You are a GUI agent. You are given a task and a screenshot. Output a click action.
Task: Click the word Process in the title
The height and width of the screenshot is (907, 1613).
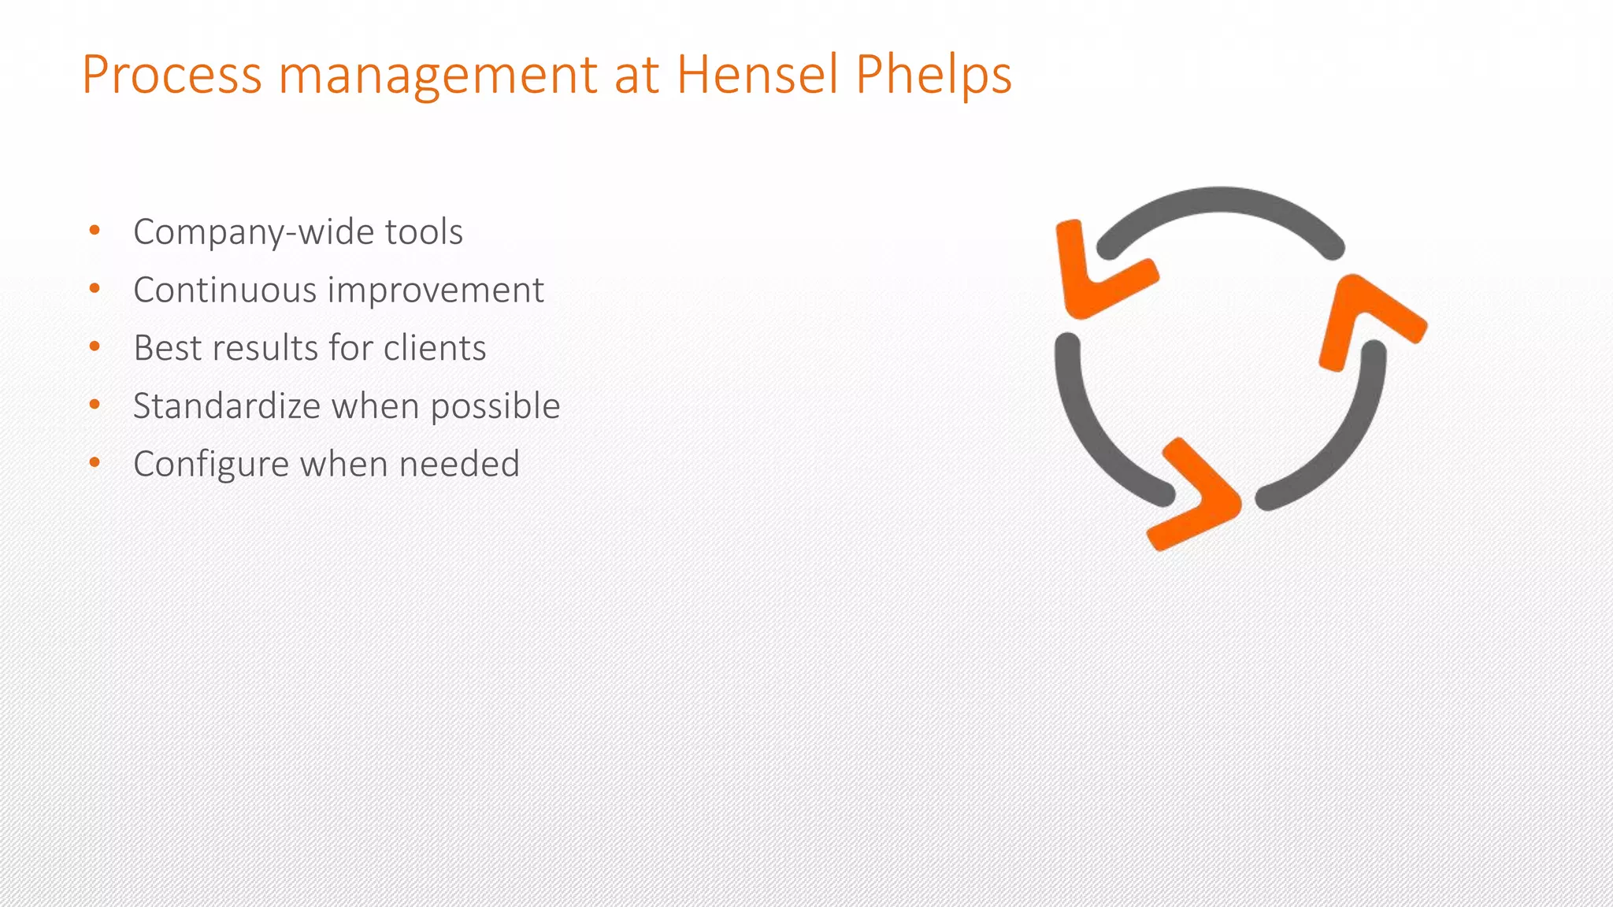coord(172,76)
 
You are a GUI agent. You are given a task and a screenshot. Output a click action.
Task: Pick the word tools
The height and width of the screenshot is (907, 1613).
coord(424,231)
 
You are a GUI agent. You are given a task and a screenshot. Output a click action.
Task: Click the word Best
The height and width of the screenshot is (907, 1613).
coord(167,348)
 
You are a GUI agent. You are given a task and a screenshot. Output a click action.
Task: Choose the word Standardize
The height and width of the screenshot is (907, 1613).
coord(226,406)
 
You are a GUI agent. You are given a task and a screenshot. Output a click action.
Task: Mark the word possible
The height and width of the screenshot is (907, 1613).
coord(495,407)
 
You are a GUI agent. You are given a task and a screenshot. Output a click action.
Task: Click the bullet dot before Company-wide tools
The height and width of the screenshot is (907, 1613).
coord(95,231)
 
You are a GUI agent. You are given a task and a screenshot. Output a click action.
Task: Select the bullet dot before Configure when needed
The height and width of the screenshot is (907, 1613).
coord(95,463)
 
